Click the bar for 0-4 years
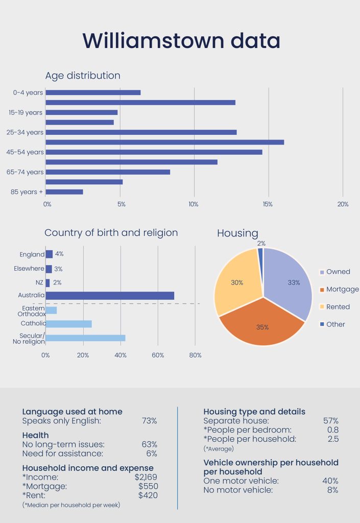[x=93, y=92]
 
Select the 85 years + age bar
[x=64, y=192]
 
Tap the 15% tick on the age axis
[x=268, y=204]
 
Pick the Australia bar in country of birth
[x=110, y=296]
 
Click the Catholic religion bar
[x=69, y=324]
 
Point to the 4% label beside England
[x=59, y=254]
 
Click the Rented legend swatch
[x=322, y=307]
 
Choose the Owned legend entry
[x=338, y=272]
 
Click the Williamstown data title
[x=181, y=40]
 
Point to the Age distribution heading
[x=83, y=76]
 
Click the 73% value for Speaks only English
[x=149, y=421]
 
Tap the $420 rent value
[x=148, y=495]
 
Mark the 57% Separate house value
[x=330, y=421]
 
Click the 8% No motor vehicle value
[x=332, y=490]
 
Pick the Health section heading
[x=35, y=435]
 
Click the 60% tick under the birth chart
[x=158, y=355]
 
